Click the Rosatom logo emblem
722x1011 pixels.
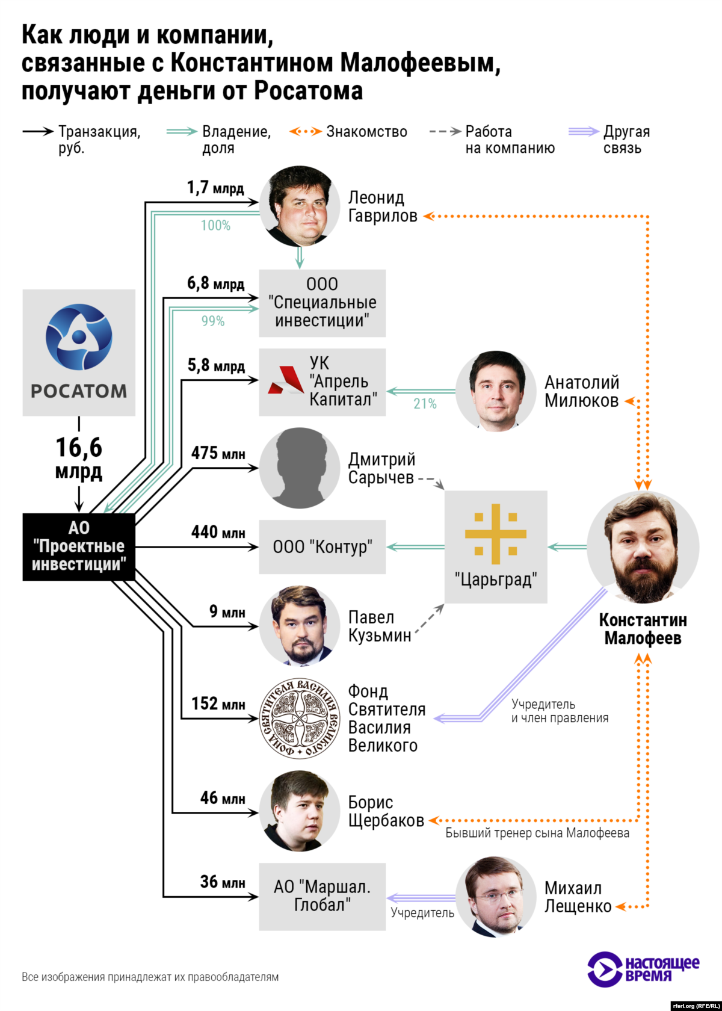79,337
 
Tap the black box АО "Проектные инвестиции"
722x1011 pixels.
79,546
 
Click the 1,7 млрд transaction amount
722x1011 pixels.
215,188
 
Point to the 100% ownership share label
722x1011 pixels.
215,226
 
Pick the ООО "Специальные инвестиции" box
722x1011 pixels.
322,303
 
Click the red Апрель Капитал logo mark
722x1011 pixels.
285,381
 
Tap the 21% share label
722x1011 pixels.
425,404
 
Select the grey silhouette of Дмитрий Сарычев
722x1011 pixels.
300,468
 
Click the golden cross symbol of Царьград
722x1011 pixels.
496,534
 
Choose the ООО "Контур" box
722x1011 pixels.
322,546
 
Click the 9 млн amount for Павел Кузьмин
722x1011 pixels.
227,612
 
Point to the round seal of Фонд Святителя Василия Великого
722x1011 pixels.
300,718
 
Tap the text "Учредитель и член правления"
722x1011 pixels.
560,711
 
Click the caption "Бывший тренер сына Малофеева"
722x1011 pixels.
537,833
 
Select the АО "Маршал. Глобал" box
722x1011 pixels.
322,896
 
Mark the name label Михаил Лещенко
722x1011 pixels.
578,897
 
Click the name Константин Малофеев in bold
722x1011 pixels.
643,629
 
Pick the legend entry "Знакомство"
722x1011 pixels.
366,132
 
